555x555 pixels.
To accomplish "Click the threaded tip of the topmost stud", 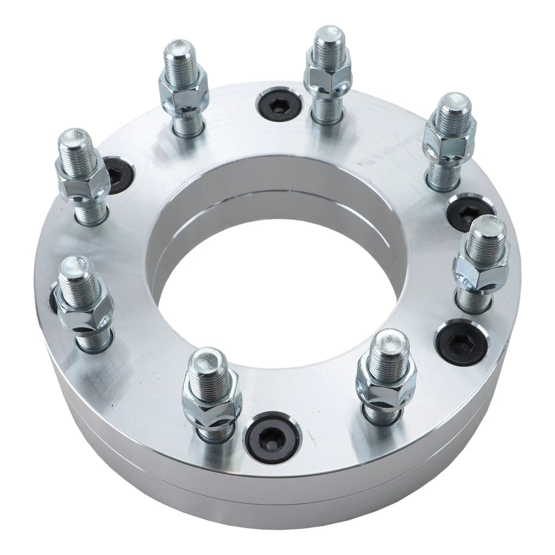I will coord(329,38).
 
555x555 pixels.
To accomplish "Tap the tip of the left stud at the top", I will coord(179,53).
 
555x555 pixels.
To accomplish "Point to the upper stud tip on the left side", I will coord(76,140).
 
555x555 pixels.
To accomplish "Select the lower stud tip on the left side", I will coord(76,268).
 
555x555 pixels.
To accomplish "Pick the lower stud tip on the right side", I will coord(487,228).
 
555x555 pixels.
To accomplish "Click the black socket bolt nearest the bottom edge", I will coord(272,436).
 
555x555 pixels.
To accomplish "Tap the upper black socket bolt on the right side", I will coord(469,210).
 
